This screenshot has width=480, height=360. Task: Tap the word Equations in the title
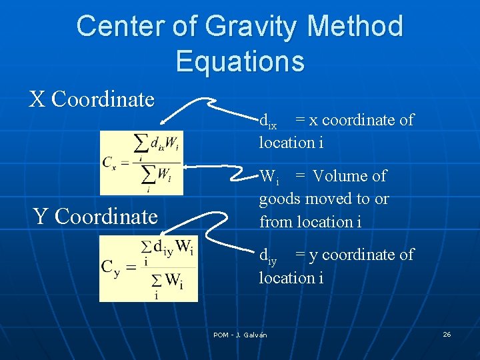coord(240,61)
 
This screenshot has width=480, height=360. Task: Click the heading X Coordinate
coord(92,99)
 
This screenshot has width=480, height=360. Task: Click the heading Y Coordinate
coord(95,216)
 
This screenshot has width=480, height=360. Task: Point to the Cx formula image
coord(141,163)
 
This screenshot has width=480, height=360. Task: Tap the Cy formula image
coord(149,268)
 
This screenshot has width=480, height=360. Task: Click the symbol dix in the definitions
coord(268,121)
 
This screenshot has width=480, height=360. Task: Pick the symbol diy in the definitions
coord(268,255)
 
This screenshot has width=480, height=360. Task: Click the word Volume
coord(349,176)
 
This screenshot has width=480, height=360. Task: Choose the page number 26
coord(447,334)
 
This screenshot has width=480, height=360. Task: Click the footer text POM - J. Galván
coord(240,335)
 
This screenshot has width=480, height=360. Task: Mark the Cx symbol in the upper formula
coord(111,162)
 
